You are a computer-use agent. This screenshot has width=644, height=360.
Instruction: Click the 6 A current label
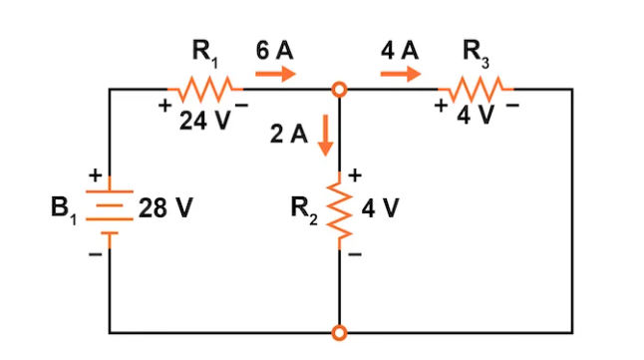tap(273, 49)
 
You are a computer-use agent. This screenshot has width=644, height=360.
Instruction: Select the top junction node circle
tap(340, 90)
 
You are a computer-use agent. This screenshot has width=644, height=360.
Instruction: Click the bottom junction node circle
tap(340, 332)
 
